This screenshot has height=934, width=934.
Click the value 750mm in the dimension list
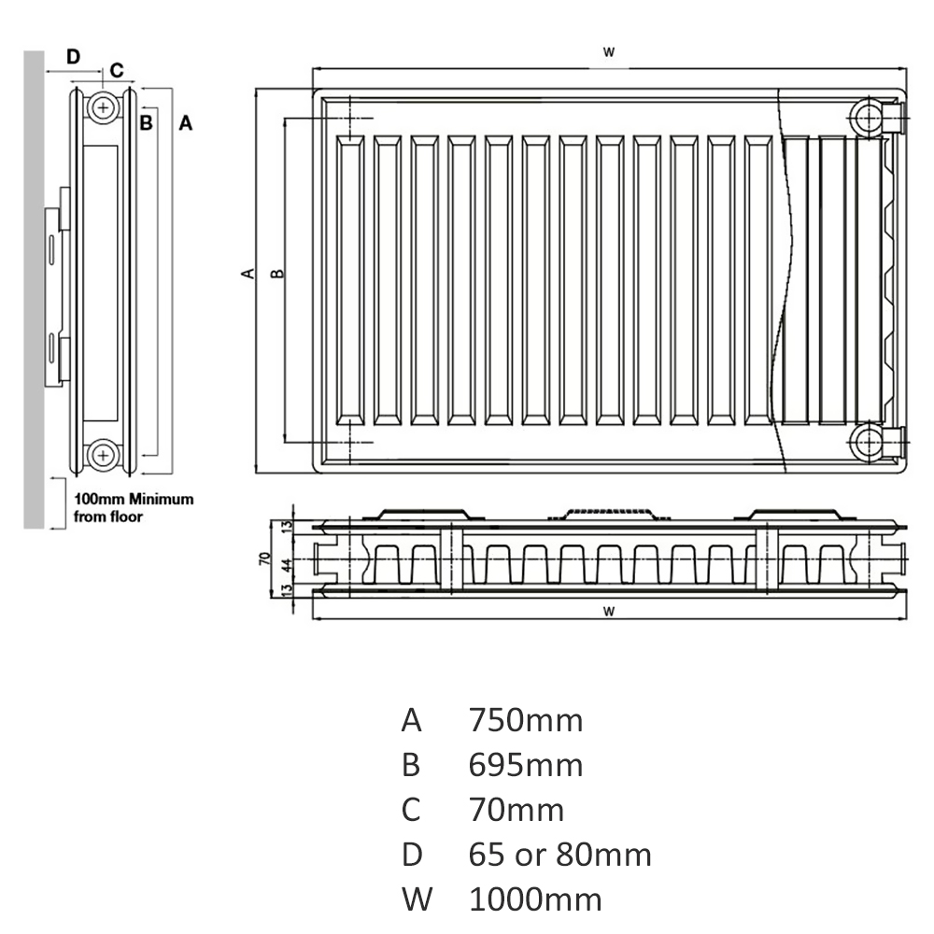(x=525, y=721)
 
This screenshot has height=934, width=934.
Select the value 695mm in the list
(x=525, y=766)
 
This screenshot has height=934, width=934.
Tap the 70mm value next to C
(x=516, y=810)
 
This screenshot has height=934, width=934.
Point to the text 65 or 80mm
(x=559, y=856)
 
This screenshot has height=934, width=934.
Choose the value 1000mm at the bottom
(x=535, y=900)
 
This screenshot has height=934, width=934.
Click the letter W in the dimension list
(x=417, y=900)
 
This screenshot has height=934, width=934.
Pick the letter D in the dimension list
(x=412, y=856)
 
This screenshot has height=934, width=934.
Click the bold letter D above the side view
(x=73, y=57)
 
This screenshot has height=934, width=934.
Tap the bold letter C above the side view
(x=117, y=70)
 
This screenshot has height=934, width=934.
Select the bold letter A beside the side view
(x=186, y=123)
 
